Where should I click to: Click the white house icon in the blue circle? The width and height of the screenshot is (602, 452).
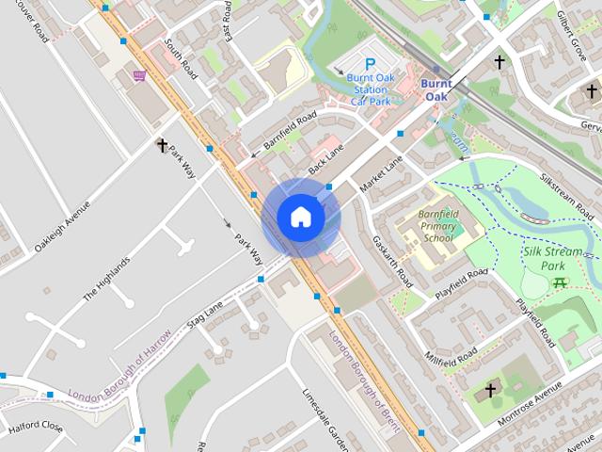pos(300,217)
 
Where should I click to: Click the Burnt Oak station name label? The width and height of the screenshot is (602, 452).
pos(436,89)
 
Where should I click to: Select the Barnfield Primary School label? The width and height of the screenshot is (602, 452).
pos(438,226)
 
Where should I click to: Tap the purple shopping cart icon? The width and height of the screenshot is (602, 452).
pos(139,75)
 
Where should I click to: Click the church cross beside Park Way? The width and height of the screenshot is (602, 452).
pos(162,145)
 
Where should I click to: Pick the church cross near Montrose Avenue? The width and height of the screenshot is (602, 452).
pos(489,389)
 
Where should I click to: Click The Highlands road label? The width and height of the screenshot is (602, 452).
pos(105,279)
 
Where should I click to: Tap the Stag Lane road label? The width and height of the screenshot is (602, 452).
pos(207,314)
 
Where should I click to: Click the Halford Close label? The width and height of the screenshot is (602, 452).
pos(36,428)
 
